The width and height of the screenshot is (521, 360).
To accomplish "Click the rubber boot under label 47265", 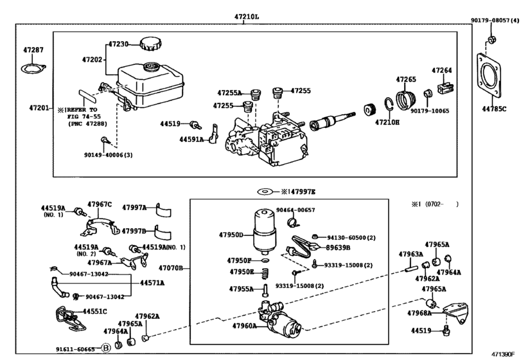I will (407, 101).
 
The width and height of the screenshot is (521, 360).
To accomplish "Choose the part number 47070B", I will (171, 267).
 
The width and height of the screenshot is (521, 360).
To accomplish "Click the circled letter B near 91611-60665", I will (107, 349).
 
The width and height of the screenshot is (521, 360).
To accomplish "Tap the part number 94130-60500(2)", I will (349, 237).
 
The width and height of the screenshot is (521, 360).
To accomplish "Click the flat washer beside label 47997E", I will (263, 192).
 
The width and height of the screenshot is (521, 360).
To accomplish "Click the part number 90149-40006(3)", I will (109, 155).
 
